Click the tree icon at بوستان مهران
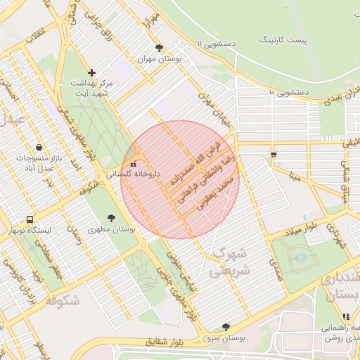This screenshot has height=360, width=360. (x=160, y=48)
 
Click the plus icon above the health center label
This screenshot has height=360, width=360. (x=91, y=72)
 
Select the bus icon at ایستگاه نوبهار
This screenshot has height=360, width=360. (x=30, y=219)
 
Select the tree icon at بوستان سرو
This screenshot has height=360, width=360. (x=226, y=327)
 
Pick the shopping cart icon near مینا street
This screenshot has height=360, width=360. (x=274, y=154)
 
